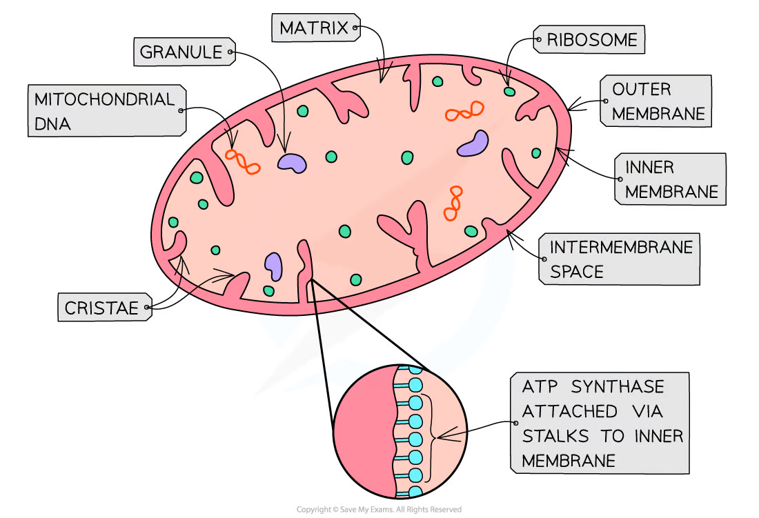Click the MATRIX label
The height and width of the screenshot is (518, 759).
click(x=314, y=29)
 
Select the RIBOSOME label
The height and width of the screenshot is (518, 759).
click(x=592, y=40)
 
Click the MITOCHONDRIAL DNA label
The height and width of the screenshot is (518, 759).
click(x=104, y=111)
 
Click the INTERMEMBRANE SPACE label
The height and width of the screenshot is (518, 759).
click(x=620, y=259)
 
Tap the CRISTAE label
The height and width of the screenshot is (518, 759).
click(x=101, y=308)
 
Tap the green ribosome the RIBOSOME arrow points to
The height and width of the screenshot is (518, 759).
click(x=509, y=91)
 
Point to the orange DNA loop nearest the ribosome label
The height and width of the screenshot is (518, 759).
click(x=464, y=111)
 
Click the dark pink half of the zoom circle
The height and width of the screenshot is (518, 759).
click(x=362, y=435)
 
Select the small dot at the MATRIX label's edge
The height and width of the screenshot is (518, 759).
click(x=356, y=28)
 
